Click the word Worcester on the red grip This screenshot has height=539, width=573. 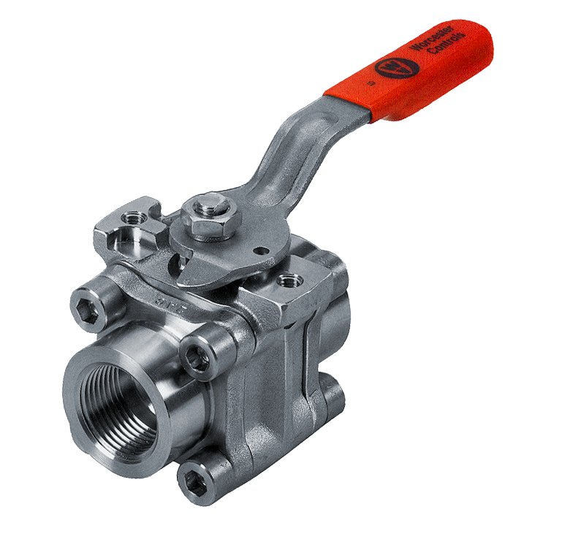[x=431, y=46]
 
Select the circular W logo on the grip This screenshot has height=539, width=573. [x=396, y=68]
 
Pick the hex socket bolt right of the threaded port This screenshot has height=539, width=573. [x=197, y=357]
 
